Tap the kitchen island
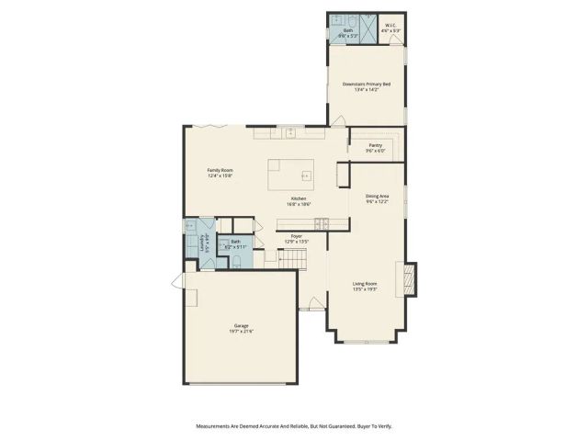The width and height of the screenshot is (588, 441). [289, 174]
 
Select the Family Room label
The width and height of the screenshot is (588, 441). [220, 173]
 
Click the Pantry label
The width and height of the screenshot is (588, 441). [375, 147]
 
